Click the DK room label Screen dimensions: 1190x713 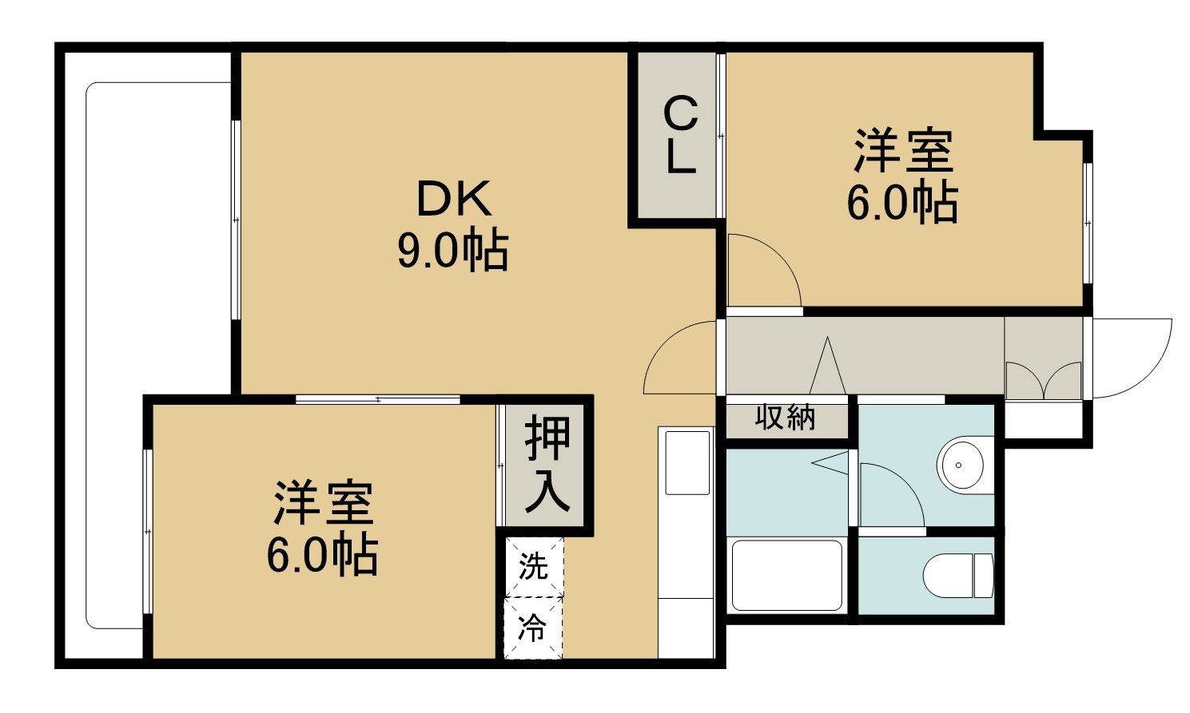(454, 199)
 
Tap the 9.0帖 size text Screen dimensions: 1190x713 (453, 252)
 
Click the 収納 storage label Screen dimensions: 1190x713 (785, 417)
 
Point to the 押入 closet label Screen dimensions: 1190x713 (547, 465)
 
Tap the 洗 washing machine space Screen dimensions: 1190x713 (533, 566)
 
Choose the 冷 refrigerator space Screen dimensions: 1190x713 (533, 628)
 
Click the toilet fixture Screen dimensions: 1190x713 (958, 576)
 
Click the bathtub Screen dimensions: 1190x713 (787, 575)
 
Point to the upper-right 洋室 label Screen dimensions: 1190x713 (903, 151)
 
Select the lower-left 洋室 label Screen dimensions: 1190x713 (323, 502)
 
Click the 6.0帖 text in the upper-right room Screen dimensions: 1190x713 (902, 203)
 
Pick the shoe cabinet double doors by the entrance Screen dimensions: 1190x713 (1044, 380)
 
